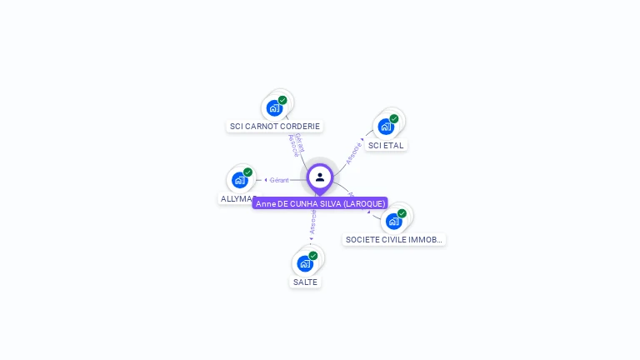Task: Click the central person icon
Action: pyautogui.click(x=320, y=177)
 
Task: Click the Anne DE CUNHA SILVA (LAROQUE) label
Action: pyautogui.click(x=320, y=203)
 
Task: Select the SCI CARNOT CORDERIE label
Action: pyautogui.click(x=274, y=127)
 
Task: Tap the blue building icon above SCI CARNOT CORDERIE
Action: pyautogui.click(x=273, y=108)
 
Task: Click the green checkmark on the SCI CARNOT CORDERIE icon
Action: pyautogui.click(x=282, y=100)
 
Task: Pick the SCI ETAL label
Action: pyautogui.click(x=386, y=145)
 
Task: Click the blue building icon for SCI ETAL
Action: pyautogui.click(x=385, y=127)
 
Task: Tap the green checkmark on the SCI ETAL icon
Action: pyautogui.click(x=394, y=118)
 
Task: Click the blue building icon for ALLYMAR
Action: pyautogui.click(x=239, y=180)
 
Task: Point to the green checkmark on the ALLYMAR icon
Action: pyautogui.click(x=247, y=172)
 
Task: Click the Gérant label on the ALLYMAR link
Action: pyautogui.click(x=279, y=180)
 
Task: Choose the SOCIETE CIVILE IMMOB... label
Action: pyautogui.click(x=393, y=240)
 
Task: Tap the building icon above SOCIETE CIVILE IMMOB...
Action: pyautogui.click(x=393, y=222)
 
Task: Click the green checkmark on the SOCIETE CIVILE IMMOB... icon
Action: pyautogui.click(x=402, y=213)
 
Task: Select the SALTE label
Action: pyautogui.click(x=305, y=282)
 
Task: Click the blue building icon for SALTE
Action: pyautogui.click(x=304, y=264)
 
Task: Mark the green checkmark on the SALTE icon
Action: pyautogui.click(x=313, y=256)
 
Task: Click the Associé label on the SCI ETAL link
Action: pyautogui.click(x=353, y=152)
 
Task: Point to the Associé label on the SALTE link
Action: pyautogui.click(x=312, y=222)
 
